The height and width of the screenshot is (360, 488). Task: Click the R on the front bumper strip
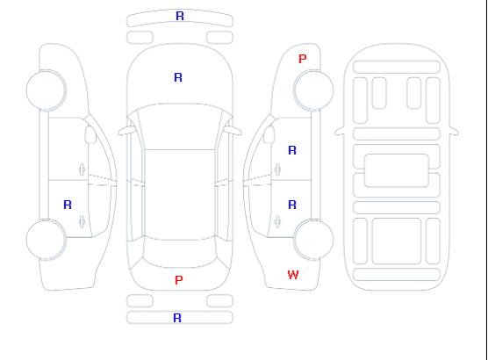point(180,16)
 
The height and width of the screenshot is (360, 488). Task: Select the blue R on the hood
point(178,77)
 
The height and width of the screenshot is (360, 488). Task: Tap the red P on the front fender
point(302,59)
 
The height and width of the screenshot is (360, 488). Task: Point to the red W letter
point(293,275)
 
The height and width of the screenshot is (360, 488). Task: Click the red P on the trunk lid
point(179,280)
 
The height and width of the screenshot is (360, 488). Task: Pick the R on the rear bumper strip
point(177,318)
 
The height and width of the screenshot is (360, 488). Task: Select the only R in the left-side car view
point(68,205)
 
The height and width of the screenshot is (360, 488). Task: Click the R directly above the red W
point(292,205)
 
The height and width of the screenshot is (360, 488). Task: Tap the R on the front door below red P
point(292,150)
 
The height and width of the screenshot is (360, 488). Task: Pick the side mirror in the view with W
point(269,134)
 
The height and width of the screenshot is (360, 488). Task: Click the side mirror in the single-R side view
point(90,134)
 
